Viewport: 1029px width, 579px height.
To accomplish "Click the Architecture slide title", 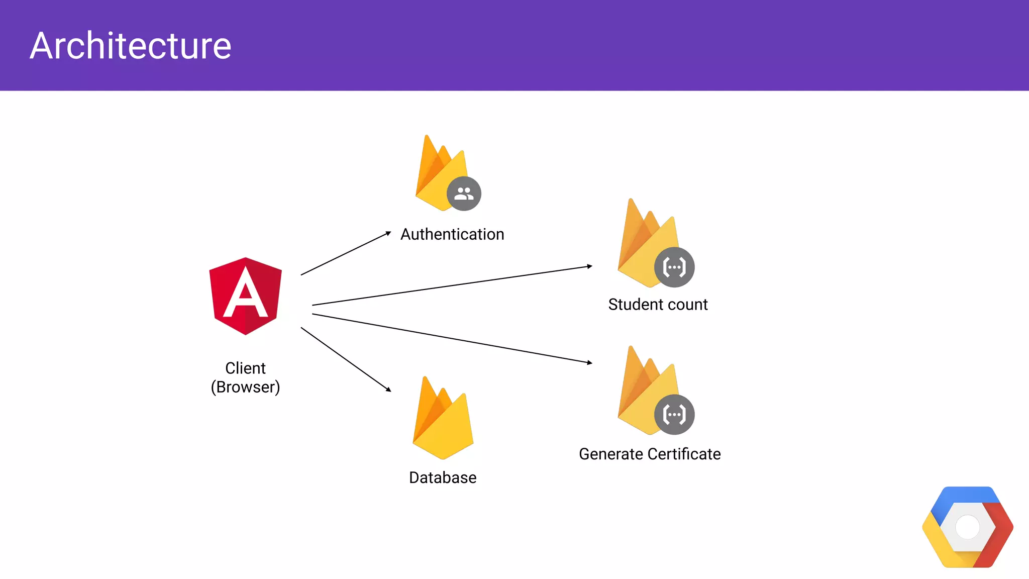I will pos(130,46).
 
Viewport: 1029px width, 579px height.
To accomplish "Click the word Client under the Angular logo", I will pos(245,368).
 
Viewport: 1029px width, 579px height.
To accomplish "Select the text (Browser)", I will pos(245,387).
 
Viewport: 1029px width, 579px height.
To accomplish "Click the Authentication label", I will pos(452,234).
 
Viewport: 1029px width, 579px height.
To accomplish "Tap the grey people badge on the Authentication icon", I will pos(464,194).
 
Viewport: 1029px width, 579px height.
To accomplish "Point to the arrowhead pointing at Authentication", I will pos(388,233).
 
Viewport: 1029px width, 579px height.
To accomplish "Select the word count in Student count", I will pos(685,305).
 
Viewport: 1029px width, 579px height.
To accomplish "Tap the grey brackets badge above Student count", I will pos(674,267).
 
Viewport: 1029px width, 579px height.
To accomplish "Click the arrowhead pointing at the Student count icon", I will pos(590,266).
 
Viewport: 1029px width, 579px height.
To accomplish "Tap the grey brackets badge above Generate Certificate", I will pos(674,415).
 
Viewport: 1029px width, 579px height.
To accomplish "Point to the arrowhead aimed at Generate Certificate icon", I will pos(590,362).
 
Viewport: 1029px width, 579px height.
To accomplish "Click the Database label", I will pos(443,477).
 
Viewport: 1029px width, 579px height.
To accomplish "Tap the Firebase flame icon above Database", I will pos(443,420).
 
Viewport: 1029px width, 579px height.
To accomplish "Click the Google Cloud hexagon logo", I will pos(968,527).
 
